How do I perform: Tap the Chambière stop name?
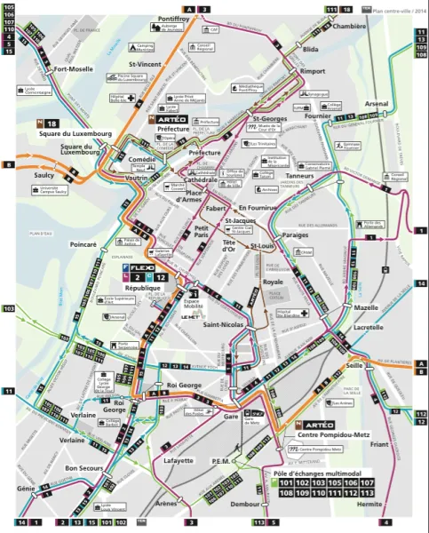(x=349, y=27)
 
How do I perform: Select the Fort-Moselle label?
(x=73, y=68)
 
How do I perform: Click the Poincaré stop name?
(x=83, y=243)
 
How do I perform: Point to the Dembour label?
(x=245, y=503)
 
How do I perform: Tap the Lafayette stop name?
(x=179, y=461)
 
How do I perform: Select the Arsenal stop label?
(x=377, y=104)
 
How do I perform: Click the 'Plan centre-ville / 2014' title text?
(x=398, y=10)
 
